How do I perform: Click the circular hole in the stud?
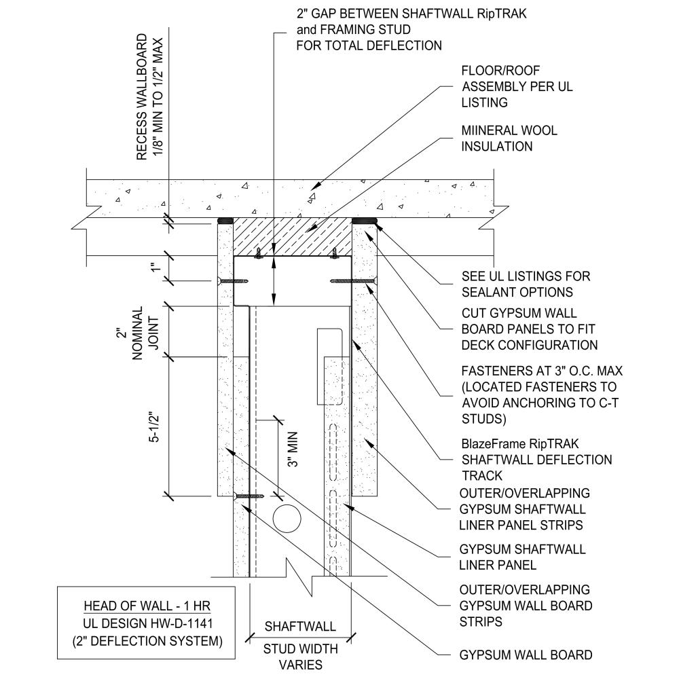click(x=286, y=518)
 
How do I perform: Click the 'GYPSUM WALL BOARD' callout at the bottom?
click(x=526, y=655)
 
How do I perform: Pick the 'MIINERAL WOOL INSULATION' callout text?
click(x=510, y=138)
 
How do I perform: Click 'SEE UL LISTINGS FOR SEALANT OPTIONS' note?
click(x=526, y=284)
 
